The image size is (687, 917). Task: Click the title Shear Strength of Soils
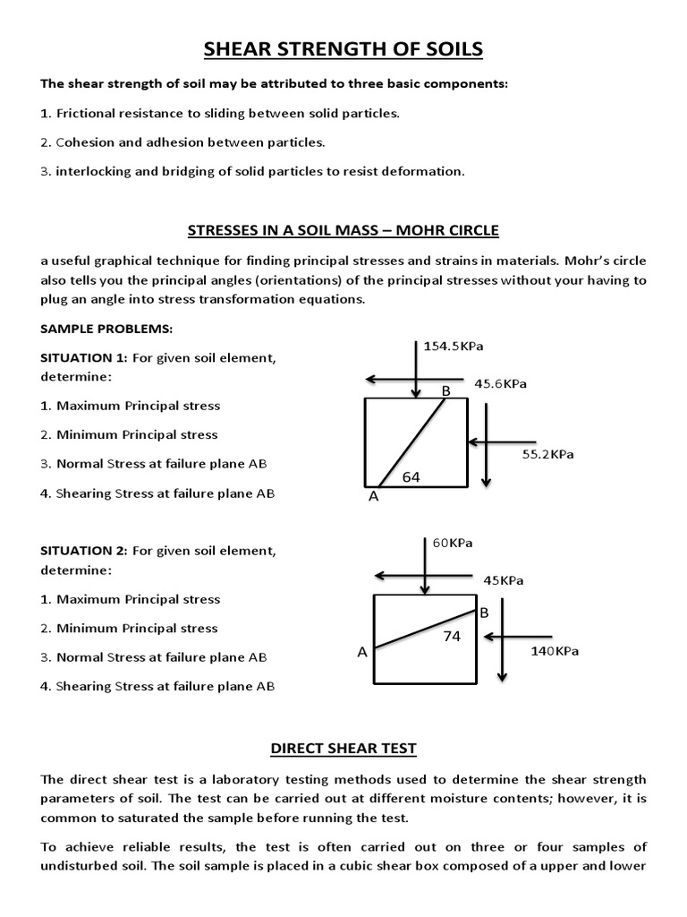343,49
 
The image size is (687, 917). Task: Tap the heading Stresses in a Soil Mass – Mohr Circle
343,230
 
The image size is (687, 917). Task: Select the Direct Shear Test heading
343,748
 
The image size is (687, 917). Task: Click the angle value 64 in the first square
411,476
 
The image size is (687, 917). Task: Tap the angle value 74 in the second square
453,636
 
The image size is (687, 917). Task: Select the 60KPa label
453,544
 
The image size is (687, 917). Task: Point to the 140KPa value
555,651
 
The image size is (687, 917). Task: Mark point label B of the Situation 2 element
484,613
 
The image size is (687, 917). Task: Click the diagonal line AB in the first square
412,442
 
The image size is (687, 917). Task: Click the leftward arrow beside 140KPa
505,637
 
